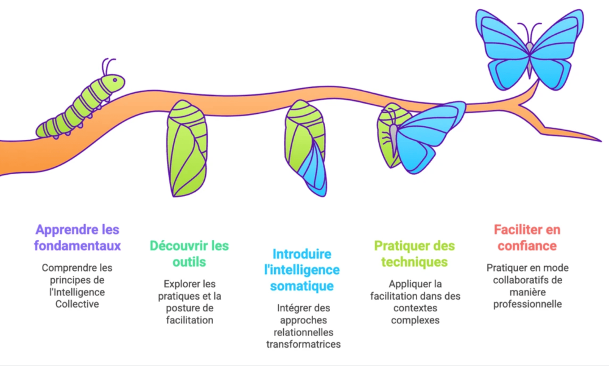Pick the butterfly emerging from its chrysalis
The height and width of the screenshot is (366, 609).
click(420, 137)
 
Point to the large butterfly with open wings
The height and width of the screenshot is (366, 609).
click(529, 46)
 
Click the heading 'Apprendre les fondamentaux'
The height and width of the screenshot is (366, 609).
click(77, 238)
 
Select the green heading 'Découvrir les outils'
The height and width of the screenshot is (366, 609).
click(189, 254)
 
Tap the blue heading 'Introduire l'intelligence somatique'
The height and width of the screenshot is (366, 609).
click(303, 270)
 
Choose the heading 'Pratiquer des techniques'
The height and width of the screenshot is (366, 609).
click(414, 254)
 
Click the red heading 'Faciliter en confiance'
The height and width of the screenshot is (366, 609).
click(527, 238)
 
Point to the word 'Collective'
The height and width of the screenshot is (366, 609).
click(77, 304)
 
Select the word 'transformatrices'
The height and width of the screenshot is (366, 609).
click(303, 344)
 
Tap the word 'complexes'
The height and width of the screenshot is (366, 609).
click(415, 320)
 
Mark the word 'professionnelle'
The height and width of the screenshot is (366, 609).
click(527, 303)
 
